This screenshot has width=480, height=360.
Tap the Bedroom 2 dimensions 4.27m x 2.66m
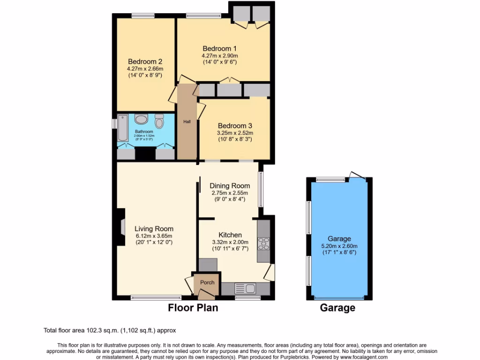145,69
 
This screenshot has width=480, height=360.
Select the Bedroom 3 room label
235,126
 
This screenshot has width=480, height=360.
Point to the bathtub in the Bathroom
122,128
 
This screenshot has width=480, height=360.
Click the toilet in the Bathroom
159,122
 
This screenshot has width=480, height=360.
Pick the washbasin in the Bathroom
141,119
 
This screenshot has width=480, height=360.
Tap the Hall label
187,122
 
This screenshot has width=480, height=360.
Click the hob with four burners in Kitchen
263,244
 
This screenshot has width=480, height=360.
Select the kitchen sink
244,288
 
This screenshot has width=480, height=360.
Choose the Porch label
207,282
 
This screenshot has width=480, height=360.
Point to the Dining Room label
230,186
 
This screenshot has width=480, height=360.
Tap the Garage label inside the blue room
339,239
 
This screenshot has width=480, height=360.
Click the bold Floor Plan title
193,308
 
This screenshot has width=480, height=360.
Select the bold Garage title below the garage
337,308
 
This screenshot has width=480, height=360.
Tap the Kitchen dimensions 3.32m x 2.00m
230,242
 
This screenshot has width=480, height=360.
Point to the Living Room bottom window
156,297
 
